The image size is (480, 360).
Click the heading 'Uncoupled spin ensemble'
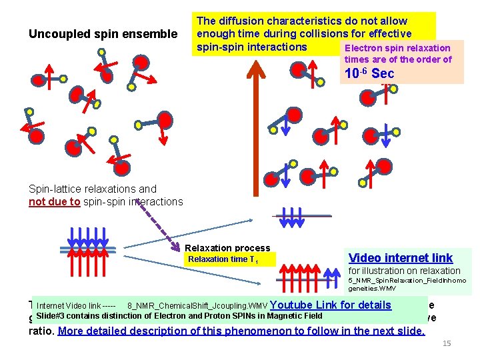[103, 34]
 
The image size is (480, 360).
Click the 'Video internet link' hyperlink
[400, 257]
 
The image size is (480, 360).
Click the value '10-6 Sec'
[369, 73]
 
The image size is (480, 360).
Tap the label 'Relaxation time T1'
[223, 260]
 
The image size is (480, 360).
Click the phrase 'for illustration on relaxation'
[404, 271]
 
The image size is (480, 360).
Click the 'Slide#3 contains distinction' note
[180, 316]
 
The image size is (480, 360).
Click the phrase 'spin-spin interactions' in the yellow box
[252, 47]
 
